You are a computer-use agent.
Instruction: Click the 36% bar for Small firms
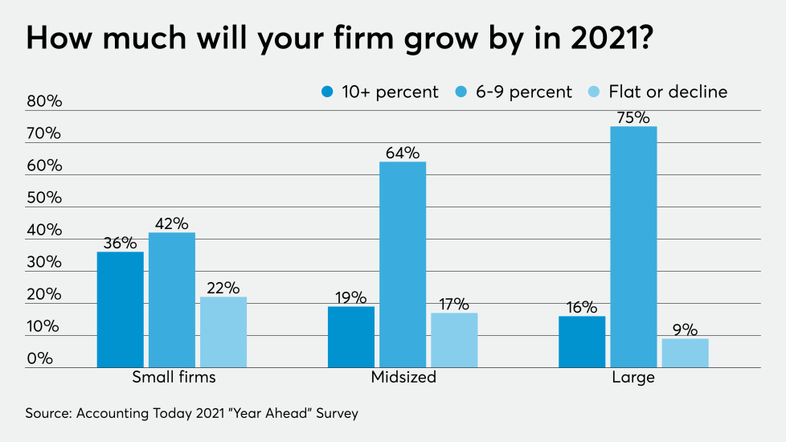coord(121,309)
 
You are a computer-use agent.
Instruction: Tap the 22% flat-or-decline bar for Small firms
coord(223,332)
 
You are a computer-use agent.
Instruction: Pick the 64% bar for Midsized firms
coord(403,264)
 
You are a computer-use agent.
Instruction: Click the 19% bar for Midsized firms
coord(351,337)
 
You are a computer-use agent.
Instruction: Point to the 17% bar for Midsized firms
coord(454,340)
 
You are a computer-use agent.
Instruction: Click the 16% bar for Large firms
coord(582,342)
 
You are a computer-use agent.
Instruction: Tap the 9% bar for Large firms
coord(685,353)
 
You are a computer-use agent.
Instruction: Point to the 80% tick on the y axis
coord(43,102)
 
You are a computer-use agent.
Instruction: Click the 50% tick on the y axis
coord(43,198)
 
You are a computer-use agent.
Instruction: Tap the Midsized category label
coord(403,377)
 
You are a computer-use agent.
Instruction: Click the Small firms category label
coord(174,377)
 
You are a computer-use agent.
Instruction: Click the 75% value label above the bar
coord(633,117)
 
